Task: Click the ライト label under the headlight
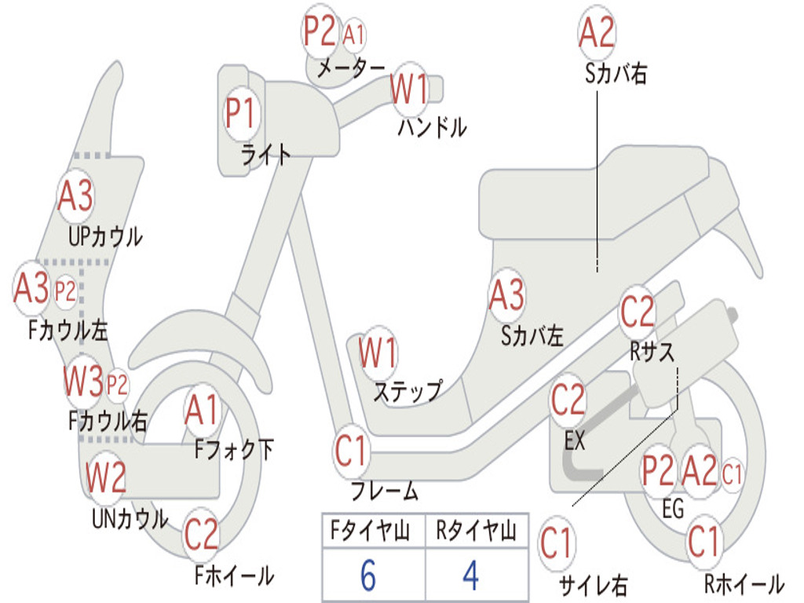(266, 154)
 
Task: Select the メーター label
(351, 69)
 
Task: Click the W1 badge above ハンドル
(410, 89)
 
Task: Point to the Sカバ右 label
(616, 74)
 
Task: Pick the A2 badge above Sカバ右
(596, 33)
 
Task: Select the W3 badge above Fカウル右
(84, 383)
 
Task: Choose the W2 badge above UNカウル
(106, 477)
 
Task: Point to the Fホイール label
(234, 576)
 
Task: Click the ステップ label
(407, 392)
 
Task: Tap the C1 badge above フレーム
(351, 452)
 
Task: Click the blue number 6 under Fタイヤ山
(367, 576)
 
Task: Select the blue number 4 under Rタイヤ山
(471, 576)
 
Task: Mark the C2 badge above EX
(568, 401)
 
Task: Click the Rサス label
(652, 353)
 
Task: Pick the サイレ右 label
(593, 585)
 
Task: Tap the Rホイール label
(744, 583)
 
